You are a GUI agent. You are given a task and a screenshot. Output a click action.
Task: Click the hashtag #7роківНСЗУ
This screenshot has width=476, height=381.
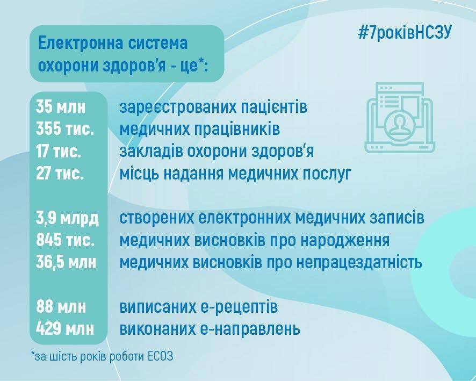tap(405, 32)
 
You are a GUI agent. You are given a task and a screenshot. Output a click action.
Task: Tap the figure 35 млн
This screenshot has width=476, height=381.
tap(61, 107)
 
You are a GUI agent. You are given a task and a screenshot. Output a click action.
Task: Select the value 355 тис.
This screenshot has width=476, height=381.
tap(64, 130)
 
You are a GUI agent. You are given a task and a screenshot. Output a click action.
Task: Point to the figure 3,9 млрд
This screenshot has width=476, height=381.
tap(67, 218)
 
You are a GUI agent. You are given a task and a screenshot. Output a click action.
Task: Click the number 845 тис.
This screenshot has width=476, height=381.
tap(65, 240)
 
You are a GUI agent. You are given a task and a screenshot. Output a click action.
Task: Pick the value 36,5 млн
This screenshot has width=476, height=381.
tap(66, 263)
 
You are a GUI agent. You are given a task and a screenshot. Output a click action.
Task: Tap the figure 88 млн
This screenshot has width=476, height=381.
tap(61, 307)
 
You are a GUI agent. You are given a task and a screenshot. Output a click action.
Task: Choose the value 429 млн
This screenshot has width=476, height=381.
tap(65, 329)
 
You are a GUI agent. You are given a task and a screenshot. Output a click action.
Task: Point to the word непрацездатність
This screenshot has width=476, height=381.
tap(359, 263)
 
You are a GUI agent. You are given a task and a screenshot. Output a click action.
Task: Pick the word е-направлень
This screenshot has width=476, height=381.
tap(250, 329)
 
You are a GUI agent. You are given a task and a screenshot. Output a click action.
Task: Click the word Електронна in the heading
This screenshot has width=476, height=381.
tap(80, 43)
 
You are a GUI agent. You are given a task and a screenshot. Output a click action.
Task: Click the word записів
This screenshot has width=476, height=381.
tap(397, 218)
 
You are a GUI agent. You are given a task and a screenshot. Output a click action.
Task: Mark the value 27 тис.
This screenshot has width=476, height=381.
tap(60, 174)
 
